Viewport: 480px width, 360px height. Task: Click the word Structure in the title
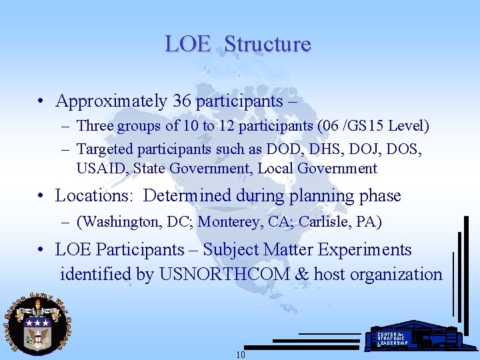tap(267, 44)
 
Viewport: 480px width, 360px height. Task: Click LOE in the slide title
tap(187, 44)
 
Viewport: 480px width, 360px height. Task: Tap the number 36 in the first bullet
tap(182, 101)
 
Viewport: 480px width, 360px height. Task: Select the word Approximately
tap(111, 101)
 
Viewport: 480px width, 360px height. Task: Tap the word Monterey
tap(229, 221)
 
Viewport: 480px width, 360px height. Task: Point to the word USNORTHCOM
tap(225, 274)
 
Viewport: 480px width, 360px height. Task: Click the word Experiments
tap(368, 250)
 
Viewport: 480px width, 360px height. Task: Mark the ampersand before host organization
tap(301, 274)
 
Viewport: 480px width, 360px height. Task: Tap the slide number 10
tap(241, 355)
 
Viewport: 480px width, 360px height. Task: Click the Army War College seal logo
tap(37, 325)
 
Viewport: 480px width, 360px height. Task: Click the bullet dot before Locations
tap(41, 197)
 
